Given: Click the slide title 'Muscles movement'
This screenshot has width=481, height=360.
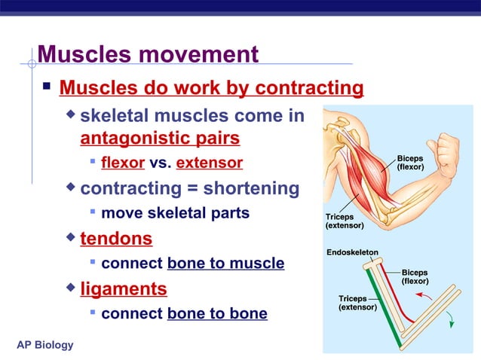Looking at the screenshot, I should point(148,55).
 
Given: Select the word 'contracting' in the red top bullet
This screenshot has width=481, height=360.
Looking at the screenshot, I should point(309,89).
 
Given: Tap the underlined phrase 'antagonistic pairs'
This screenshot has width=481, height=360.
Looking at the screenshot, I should point(160,139).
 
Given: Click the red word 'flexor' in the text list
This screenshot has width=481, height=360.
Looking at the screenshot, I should point(122,163).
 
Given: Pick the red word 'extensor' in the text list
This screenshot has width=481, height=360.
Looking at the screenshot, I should point(209,163).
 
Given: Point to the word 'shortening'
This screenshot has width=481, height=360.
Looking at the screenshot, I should point(251,188).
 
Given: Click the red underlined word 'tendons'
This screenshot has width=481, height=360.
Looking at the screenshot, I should point(116,239).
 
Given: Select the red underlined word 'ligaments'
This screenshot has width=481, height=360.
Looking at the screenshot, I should point(124,288).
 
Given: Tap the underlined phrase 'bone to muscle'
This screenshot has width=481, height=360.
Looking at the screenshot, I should point(225,264).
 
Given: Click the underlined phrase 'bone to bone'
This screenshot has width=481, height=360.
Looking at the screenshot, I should point(217,313).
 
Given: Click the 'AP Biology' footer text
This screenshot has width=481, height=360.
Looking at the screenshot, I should point(45,345).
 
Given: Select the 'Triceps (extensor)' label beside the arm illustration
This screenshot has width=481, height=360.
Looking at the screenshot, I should point(344,221).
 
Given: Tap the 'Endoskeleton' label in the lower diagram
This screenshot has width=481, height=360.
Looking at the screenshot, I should point(352,252).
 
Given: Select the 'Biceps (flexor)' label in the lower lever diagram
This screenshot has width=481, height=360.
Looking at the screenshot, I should point(415,276).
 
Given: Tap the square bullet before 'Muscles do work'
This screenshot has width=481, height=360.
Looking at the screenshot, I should point(47,88).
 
